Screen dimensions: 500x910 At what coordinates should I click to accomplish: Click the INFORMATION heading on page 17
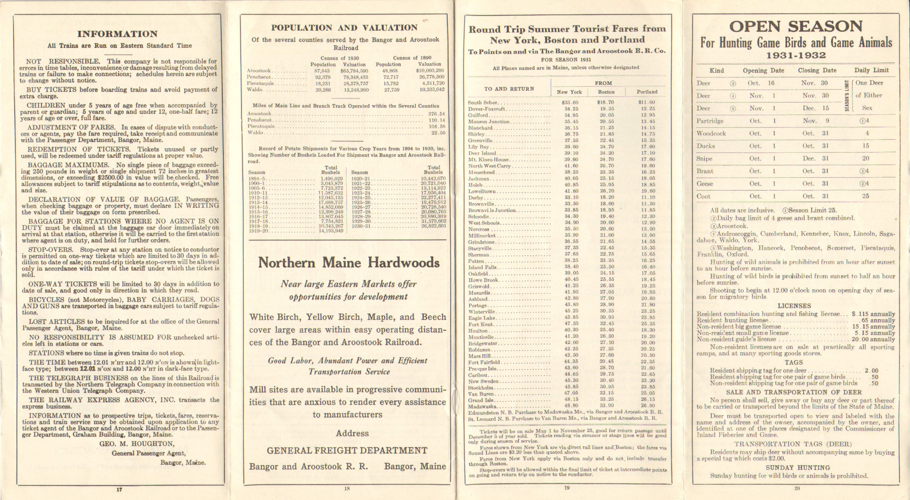tap(117, 34)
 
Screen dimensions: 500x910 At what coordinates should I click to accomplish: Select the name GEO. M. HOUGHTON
tap(137, 444)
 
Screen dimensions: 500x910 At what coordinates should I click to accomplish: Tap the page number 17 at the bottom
tap(119, 489)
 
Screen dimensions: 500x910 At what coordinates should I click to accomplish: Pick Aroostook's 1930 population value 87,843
tap(322, 71)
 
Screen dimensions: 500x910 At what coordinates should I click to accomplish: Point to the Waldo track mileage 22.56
tap(438, 133)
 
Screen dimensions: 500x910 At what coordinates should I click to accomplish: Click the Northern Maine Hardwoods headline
tap(349, 262)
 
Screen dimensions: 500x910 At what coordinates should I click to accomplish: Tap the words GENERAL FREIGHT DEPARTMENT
tap(347, 451)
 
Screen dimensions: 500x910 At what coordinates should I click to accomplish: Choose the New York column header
tap(569, 92)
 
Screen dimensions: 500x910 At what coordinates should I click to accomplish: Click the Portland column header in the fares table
tap(647, 92)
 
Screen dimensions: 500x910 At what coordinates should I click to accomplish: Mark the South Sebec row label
tap(483, 102)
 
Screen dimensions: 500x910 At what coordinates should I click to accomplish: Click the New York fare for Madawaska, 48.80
tap(571, 406)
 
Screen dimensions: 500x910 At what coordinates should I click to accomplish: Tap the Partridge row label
tap(710, 121)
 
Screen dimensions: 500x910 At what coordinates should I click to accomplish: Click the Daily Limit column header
tap(871, 70)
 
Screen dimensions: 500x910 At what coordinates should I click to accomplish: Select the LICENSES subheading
tap(794, 306)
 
